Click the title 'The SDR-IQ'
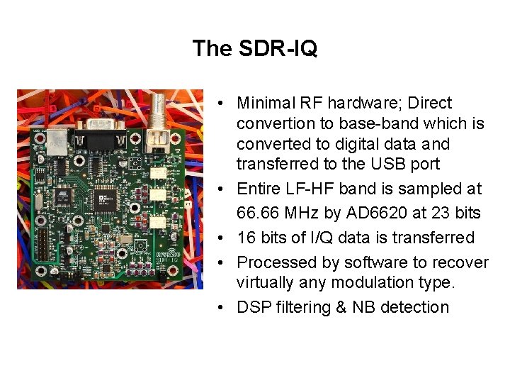pyautogui.click(x=254, y=48)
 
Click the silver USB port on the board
pyautogui.click(x=57, y=141)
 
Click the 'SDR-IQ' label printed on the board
pyautogui.click(x=166, y=264)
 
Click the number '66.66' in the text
pyautogui.click(x=259, y=213)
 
